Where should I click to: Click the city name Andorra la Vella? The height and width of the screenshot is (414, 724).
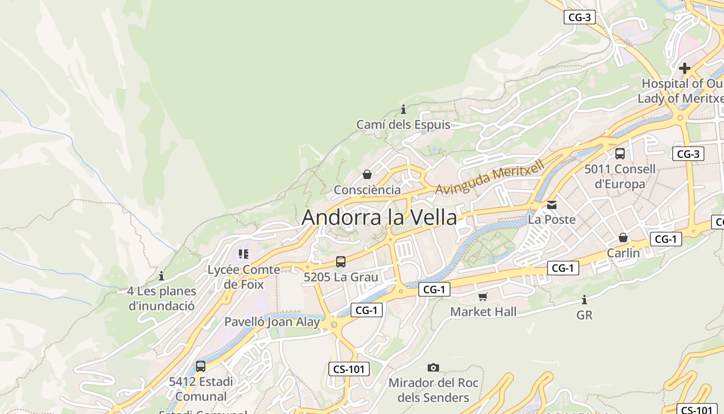pos(379,217)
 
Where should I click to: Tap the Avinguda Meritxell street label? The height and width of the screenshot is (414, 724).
pos(489,178)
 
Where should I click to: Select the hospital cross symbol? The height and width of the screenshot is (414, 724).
pos(685,68)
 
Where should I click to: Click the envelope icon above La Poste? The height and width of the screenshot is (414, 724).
pos(552,205)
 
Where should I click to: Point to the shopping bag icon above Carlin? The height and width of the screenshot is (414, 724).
pos(623,238)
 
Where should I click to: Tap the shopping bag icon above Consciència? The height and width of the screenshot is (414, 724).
pos(367,174)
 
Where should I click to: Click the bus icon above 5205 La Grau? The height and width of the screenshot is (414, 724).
pos(340,262)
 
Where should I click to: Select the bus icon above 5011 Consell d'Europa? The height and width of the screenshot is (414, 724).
pos(620,154)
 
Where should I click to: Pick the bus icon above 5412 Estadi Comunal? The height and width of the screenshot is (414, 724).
pos(201,366)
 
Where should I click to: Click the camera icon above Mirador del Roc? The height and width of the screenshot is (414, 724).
pos(433,368)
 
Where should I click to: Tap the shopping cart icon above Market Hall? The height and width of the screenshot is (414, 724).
pos(483,297)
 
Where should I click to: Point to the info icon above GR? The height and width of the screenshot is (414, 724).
pos(584,300)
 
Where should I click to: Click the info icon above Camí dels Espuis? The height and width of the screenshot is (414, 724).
pos(403,110)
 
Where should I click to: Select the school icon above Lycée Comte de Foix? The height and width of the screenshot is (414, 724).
pos(244,254)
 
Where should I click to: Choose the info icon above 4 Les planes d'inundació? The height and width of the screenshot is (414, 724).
pos(161,276)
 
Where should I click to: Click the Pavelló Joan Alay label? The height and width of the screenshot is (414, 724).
pos(272,322)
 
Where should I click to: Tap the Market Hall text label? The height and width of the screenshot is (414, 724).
pos(483,312)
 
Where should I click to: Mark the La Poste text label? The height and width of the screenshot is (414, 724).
pos(552,219)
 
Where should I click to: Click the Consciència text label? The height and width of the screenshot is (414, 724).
pos(367,190)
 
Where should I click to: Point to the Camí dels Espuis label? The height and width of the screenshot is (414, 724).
pos(403,125)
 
